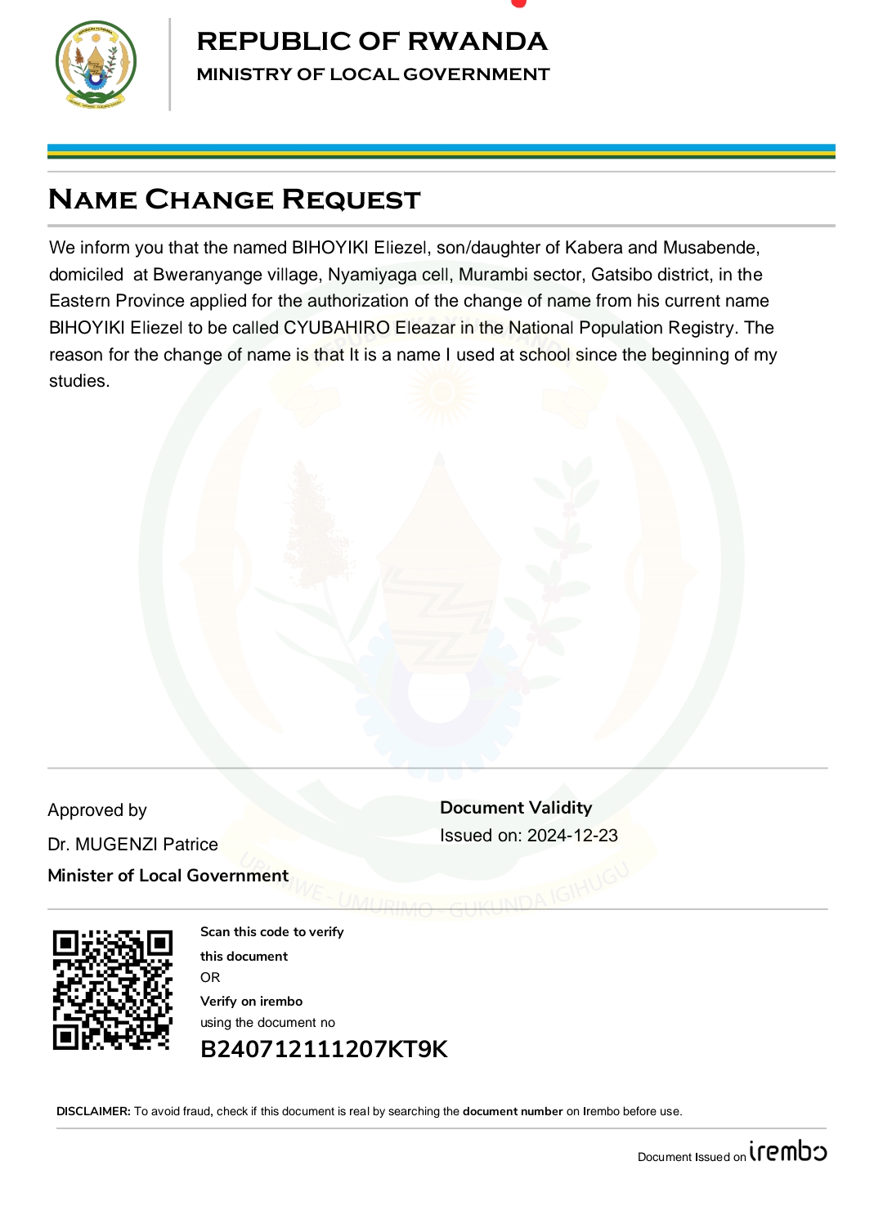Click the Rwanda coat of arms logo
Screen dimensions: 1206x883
(96, 65)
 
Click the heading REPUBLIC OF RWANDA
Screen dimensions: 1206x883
(372, 41)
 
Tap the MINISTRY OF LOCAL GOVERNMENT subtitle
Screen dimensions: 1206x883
(373, 74)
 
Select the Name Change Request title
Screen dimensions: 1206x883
(235, 200)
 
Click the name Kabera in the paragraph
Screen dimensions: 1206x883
(594, 248)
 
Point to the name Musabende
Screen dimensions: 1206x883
(710, 248)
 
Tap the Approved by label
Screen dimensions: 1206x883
(97, 810)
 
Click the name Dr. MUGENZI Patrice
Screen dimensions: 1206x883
(132, 845)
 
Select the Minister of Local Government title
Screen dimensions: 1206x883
(168, 876)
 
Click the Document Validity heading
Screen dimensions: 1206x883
(516, 808)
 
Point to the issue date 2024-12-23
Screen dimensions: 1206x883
(572, 836)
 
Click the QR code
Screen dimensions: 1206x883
(113, 989)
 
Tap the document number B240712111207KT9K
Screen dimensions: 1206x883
(324, 1049)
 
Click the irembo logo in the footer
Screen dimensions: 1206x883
(787, 1151)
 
